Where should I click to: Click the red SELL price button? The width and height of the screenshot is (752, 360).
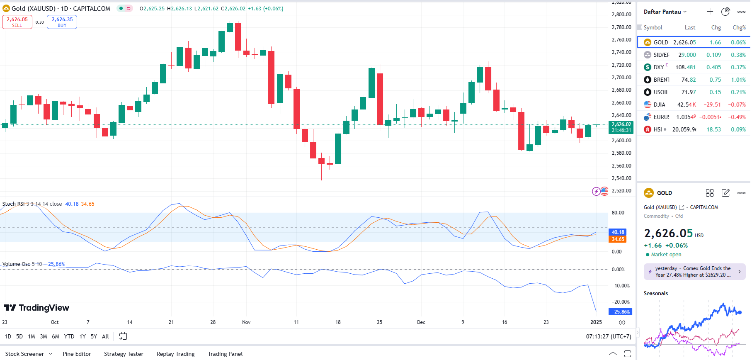click(x=17, y=22)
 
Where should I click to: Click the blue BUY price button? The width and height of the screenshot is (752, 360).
click(x=62, y=22)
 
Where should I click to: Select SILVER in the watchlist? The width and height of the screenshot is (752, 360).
click(x=661, y=55)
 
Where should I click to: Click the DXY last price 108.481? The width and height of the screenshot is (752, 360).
click(x=685, y=67)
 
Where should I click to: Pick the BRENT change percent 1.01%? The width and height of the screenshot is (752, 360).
click(x=738, y=80)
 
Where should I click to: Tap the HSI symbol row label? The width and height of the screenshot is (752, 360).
click(x=657, y=129)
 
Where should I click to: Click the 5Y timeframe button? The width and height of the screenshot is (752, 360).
click(x=94, y=336)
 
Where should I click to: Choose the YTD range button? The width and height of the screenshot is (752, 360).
click(x=69, y=336)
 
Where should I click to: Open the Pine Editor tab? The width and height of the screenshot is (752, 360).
click(x=77, y=354)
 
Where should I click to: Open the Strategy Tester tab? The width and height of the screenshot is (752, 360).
click(x=124, y=354)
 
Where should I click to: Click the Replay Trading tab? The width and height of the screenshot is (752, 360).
click(x=175, y=354)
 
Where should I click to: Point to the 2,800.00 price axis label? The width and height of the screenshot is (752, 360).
click(x=621, y=15)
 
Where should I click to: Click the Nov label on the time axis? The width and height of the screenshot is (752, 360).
click(x=246, y=322)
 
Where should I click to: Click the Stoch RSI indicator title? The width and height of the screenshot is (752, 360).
click(x=13, y=204)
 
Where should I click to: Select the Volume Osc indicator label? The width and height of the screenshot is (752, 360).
click(x=16, y=264)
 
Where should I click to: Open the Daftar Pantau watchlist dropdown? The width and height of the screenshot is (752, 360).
click(x=665, y=12)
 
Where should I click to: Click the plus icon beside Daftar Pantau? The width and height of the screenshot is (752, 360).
click(x=710, y=12)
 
